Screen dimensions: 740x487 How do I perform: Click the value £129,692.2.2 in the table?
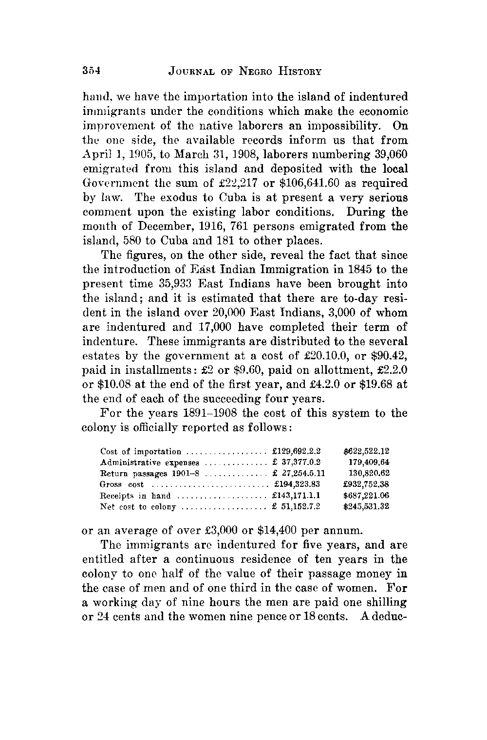(296, 451)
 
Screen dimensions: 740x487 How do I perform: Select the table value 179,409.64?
(369, 462)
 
